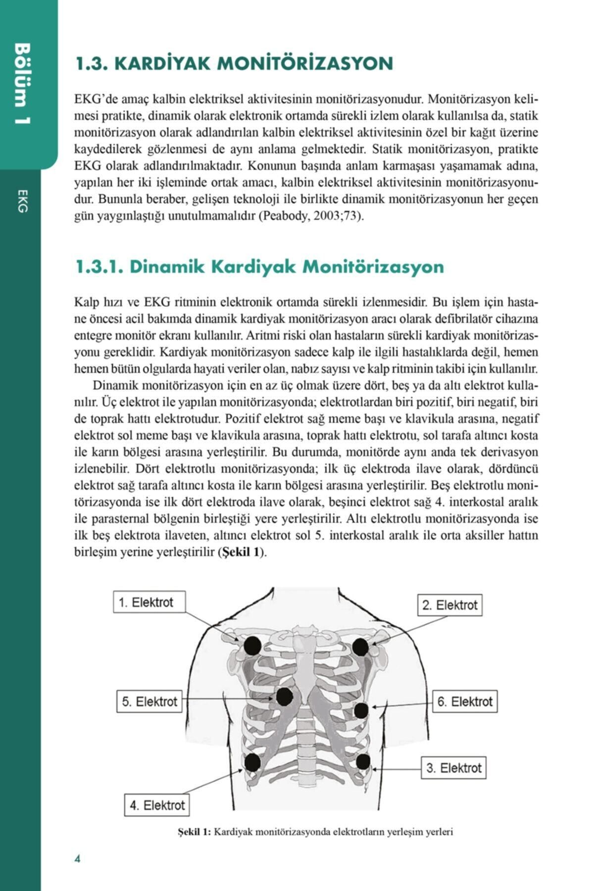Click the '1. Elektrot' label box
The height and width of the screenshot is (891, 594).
click(150, 602)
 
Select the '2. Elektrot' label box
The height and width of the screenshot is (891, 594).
click(449, 605)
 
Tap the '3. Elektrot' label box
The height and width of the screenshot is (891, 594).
click(453, 768)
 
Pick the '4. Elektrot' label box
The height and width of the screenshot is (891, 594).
click(157, 805)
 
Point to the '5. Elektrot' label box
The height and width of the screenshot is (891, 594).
click(149, 701)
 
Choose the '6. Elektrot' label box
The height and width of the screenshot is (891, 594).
click(464, 701)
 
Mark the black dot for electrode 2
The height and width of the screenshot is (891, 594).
click(360, 646)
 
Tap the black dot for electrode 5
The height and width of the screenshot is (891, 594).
click(284, 697)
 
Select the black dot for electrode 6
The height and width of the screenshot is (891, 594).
click(361, 710)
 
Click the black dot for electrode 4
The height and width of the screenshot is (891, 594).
click(252, 761)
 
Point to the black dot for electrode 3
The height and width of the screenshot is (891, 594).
click(363, 761)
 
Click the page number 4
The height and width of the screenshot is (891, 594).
click(77, 858)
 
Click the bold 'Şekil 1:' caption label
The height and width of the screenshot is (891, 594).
click(194, 832)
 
